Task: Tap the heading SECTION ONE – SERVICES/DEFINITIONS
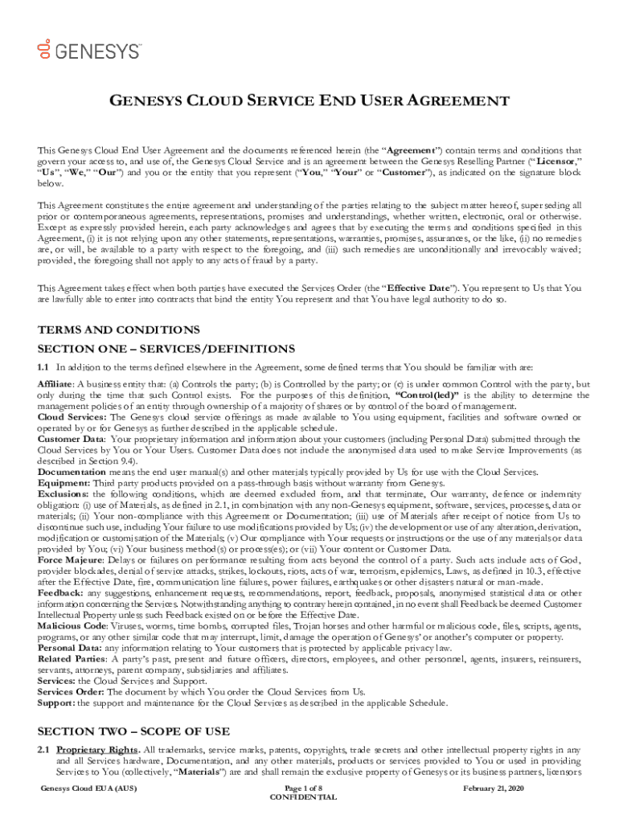pos(166,348)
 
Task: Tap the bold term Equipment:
pos(64,483)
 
